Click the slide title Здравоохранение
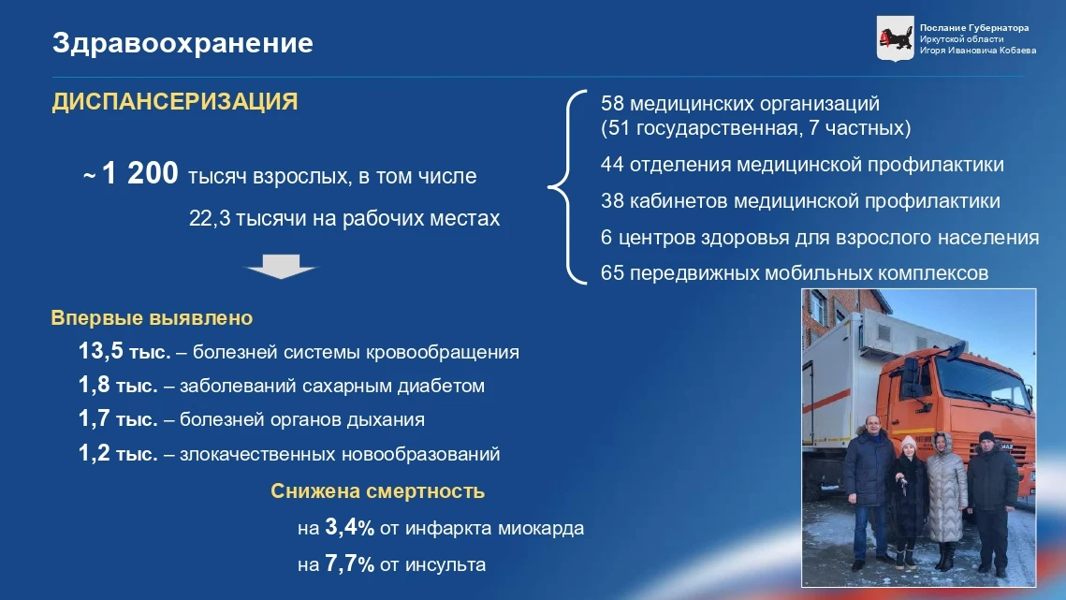183,44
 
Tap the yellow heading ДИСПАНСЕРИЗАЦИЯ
175,101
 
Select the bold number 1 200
139,173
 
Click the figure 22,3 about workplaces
210,218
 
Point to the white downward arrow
281,266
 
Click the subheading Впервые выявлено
152,317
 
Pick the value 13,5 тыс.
124,351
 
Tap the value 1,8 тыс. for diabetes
118,385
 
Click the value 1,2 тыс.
118,453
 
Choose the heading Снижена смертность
377,491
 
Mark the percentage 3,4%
349,527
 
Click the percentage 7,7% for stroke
349,563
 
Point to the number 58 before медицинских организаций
612,103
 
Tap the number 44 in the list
612,165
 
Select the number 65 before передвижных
612,273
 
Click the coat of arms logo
895,38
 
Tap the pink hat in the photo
908,443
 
